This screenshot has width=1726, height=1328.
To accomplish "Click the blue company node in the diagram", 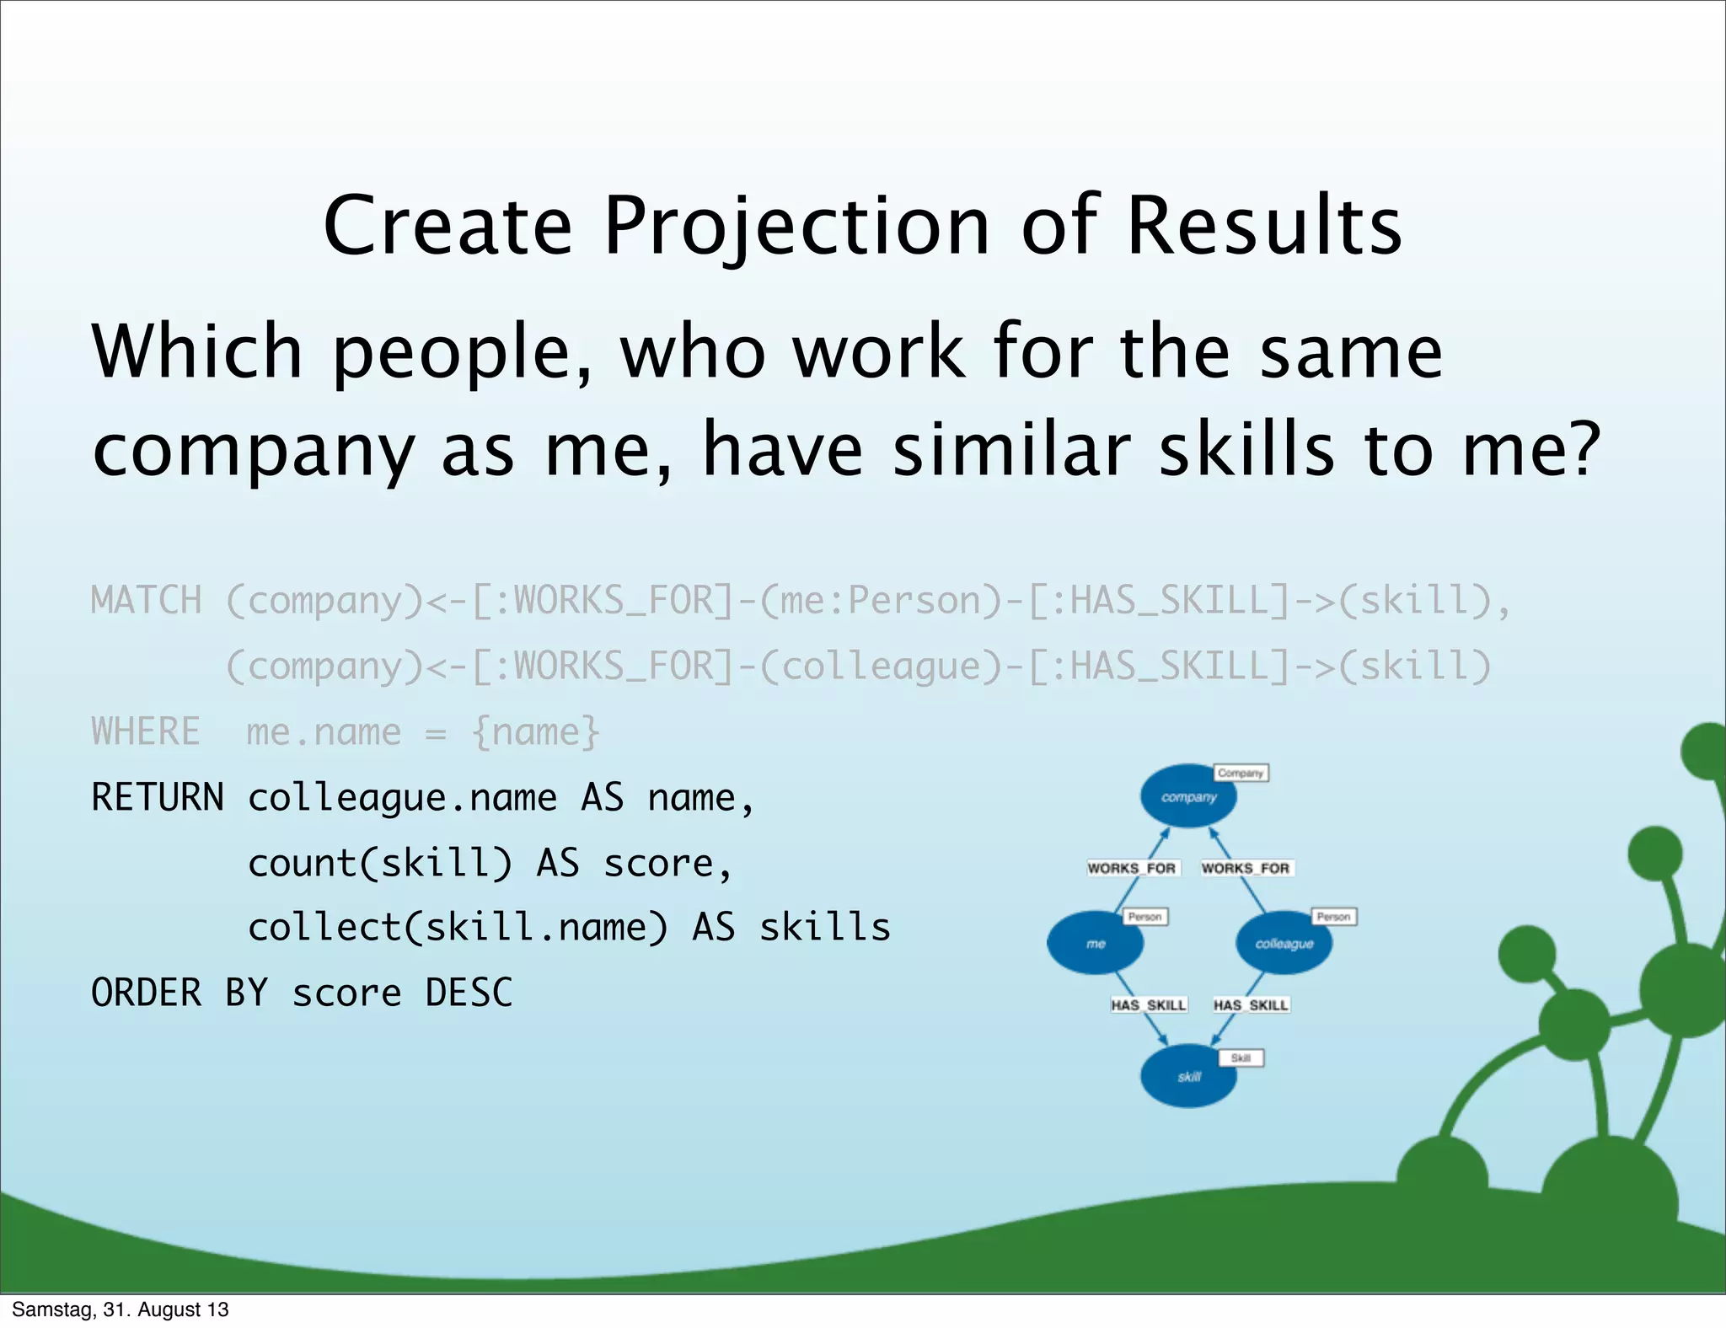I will point(1187,796).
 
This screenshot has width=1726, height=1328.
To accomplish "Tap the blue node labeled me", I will point(1095,943).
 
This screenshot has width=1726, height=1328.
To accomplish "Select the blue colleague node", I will point(1284,943).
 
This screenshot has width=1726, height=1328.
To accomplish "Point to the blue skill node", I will point(1187,1076).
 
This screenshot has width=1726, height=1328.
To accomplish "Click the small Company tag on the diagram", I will point(1241,773).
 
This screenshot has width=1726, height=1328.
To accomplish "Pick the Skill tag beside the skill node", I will point(1241,1058).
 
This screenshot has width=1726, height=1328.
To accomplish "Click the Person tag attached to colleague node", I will point(1333,916).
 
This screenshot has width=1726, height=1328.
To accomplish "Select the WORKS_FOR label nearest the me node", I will point(1131,868).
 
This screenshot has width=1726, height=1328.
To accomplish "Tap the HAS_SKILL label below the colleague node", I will point(1251,1004).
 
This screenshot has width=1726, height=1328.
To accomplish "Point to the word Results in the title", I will point(1264,226).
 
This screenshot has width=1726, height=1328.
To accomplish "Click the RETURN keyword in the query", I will point(158,797).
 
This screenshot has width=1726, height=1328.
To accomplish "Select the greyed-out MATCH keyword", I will point(147,601).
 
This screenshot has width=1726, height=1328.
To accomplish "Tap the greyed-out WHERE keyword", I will point(146,731).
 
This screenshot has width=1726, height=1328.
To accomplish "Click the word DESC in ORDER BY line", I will point(469,993).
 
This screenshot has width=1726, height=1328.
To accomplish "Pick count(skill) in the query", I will point(379,863).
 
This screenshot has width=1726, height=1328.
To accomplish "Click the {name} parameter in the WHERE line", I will point(536,731).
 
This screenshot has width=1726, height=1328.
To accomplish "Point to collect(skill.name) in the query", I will point(458,928).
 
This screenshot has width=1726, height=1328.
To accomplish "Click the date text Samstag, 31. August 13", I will point(120,1309).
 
